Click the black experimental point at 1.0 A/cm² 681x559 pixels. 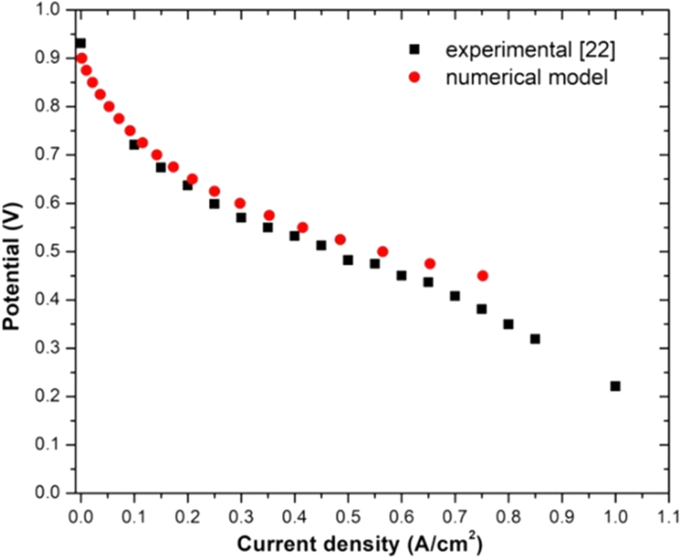[615, 386]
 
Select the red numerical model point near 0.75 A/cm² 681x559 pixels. [483, 276]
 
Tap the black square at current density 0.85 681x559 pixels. [535, 338]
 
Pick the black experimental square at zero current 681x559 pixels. [81, 43]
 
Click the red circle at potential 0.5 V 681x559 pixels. [383, 251]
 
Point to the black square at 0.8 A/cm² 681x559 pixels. [508, 324]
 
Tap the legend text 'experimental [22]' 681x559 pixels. [529, 49]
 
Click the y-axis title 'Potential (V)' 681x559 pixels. [11, 251]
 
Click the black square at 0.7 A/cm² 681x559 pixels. [455, 296]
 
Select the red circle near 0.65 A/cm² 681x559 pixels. [430, 263]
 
